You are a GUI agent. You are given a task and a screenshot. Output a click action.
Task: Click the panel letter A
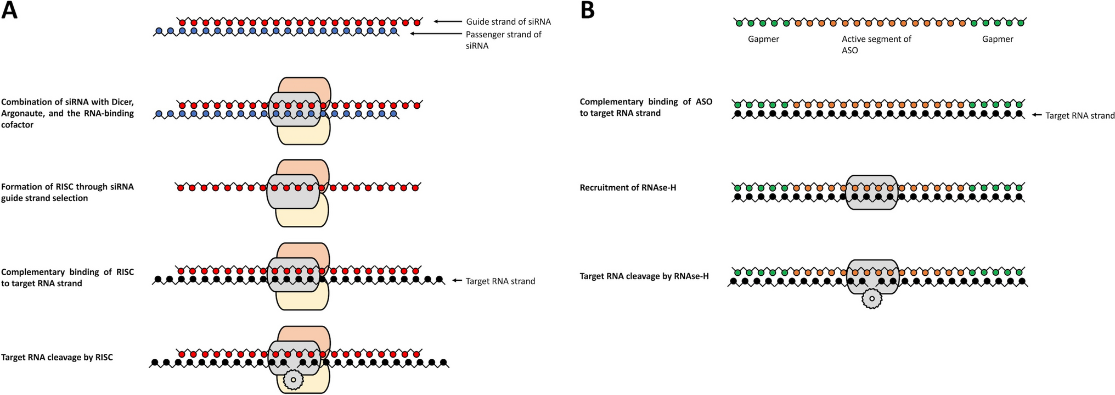[x=9, y=10]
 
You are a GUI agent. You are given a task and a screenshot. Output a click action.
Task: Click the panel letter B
[x=587, y=10]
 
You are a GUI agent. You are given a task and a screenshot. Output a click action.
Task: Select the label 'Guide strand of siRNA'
[x=508, y=22]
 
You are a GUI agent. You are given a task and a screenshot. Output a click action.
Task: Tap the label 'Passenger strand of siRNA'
[x=503, y=40]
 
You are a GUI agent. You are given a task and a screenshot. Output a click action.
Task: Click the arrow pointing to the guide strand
[x=447, y=21]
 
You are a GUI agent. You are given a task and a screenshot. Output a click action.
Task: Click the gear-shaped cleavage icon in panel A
[x=293, y=379]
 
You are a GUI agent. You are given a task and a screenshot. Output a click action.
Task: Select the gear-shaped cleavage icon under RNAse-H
[x=871, y=299]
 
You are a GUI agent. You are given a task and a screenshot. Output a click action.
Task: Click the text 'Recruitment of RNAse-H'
[x=628, y=188]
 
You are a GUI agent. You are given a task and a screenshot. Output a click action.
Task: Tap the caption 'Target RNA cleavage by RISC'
[x=57, y=358]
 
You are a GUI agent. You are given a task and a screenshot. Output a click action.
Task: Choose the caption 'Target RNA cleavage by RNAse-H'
[x=644, y=276]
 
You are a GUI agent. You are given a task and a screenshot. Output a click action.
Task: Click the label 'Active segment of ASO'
[x=876, y=44]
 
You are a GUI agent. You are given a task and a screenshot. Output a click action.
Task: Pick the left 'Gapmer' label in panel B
[x=763, y=40]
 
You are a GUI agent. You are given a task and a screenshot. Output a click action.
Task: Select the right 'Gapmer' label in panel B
[x=998, y=40]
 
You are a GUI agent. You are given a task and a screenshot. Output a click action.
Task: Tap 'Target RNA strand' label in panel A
[x=500, y=281]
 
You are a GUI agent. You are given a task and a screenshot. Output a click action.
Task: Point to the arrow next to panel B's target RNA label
[x=1037, y=115]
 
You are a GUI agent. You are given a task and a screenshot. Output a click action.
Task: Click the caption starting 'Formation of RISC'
[x=67, y=192]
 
